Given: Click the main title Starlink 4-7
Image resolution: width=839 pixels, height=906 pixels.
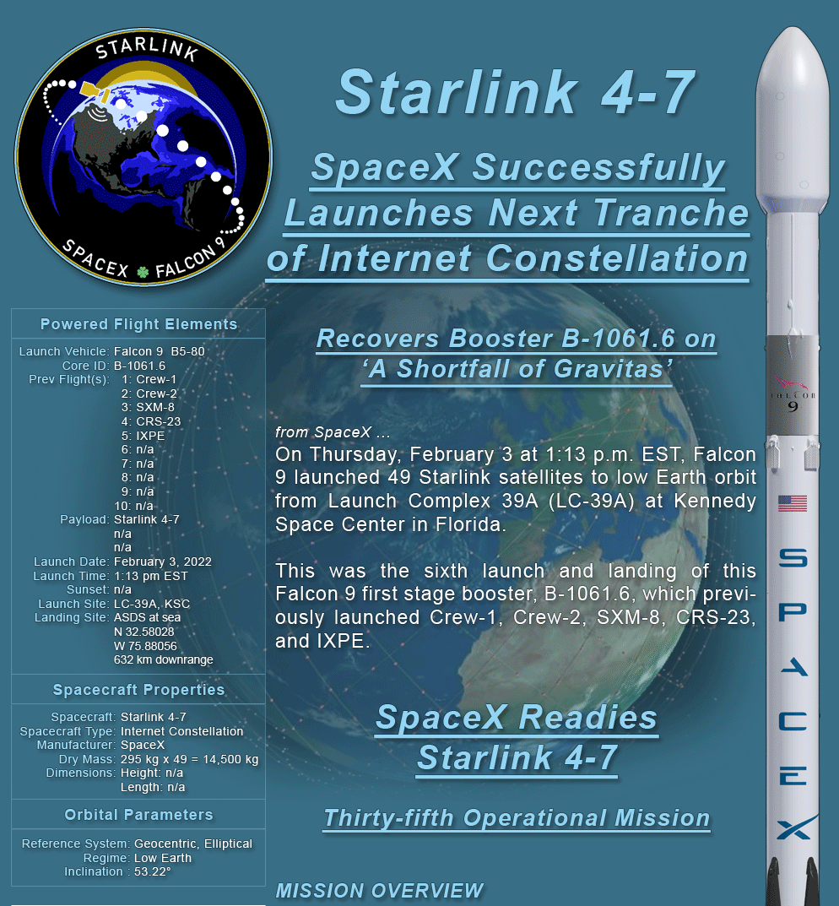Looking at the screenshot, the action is [516, 92].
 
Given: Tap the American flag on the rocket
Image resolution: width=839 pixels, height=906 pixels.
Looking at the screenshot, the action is [793, 503].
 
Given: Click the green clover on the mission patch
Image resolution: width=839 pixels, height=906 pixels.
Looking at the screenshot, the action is [143, 271].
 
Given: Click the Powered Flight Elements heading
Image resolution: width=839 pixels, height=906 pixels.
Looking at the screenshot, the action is [138, 324].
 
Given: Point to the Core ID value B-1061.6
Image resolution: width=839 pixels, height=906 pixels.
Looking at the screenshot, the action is [139, 366].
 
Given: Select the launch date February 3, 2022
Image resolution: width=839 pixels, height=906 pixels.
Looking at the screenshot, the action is [162, 562].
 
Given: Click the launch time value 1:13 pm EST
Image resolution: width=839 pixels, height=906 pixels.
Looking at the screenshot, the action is [151, 576].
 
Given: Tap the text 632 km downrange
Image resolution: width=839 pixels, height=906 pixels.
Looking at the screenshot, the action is [164, 659].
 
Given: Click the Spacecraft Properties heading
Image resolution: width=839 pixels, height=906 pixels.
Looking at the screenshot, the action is [138, 690].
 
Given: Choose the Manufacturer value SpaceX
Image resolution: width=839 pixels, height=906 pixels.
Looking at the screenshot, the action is [143, 746].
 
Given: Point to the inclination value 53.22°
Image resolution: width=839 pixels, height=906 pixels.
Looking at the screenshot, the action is [153, 872].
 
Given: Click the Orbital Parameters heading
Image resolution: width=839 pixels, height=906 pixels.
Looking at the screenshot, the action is [138, 815].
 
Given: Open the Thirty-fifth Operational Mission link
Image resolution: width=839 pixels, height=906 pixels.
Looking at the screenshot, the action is [517, 818].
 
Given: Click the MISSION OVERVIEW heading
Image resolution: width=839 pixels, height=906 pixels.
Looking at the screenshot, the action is [379, 891].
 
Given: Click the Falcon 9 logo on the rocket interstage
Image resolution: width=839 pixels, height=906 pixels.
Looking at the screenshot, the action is [793, 393].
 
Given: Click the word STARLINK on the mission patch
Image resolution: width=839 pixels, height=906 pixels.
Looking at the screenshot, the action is [146, 48].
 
